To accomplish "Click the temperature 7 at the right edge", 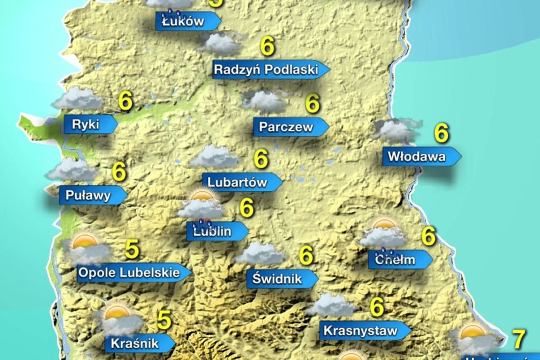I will (520, 339).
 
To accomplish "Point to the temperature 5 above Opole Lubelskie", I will (132, 250).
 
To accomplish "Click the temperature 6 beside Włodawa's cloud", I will (441, 134).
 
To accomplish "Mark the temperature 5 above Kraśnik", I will (164, 320).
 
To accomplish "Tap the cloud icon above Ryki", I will (78, 99).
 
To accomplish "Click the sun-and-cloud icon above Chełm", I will (383, 234).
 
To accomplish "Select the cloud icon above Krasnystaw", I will (331, 305).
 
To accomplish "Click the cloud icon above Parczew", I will (266, 100).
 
